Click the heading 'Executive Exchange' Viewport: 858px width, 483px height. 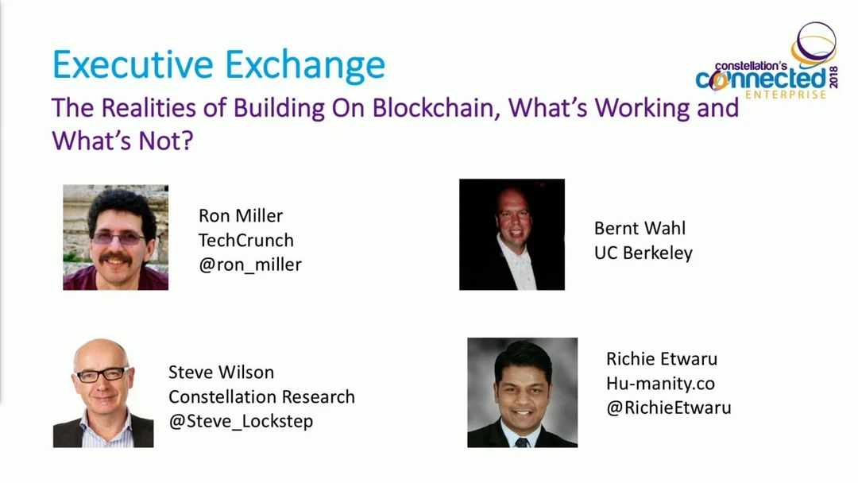click(219, 65)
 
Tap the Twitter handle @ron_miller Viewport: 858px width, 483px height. click(250, 265)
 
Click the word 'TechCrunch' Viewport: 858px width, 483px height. click(246, 240)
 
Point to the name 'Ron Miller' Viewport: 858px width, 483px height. click(241, 215)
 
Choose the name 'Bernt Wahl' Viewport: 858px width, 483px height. click(640, 228)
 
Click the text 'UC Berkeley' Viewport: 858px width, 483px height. click(643, 253)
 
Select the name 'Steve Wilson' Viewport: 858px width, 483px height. click(221, 373)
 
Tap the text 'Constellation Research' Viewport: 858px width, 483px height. click(261, 396)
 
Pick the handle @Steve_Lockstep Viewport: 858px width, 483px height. click(242, 421)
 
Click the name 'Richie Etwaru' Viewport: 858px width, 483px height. click(662, 359)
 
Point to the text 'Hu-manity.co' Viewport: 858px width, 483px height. click(660, 384)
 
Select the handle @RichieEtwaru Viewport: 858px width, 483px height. click(669, 408)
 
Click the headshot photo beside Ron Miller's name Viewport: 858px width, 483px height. click(115, 238)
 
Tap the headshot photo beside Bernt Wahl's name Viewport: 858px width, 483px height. click(512, 234)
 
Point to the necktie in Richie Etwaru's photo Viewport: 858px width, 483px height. click(522, 442)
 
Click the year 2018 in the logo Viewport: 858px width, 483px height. click(833, 77)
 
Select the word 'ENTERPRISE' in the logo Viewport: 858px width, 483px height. click(786, 95)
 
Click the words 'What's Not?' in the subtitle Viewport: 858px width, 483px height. click(122, 141)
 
